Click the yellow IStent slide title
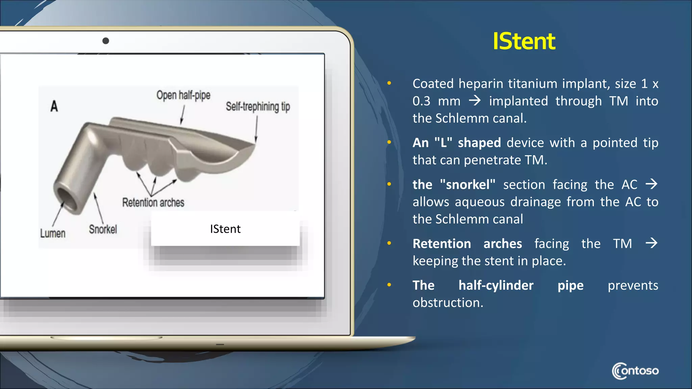click(x=524, y=42)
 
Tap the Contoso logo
click(x=635, y=371)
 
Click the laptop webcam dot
click(x=106, y=41)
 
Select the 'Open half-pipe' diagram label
click(x=183, y=96)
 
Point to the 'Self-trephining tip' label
click(x=258, y=107)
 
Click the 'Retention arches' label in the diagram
click(x=153, y=203)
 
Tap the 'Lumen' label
click(x=53, y=233)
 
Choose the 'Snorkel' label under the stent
click(x=103, y=229)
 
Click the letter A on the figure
click(x=54, y=106)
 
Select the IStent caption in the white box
click(x=225, y=229)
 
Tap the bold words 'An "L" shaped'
click(x=456, y=142)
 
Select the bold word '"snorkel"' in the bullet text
click(x=468, y=185)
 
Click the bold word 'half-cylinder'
click(x=496, y=285)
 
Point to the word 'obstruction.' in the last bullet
click(x=448, y=303)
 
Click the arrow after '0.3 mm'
click(x=475, y=101)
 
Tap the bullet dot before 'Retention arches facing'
click(x=389, y=243)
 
